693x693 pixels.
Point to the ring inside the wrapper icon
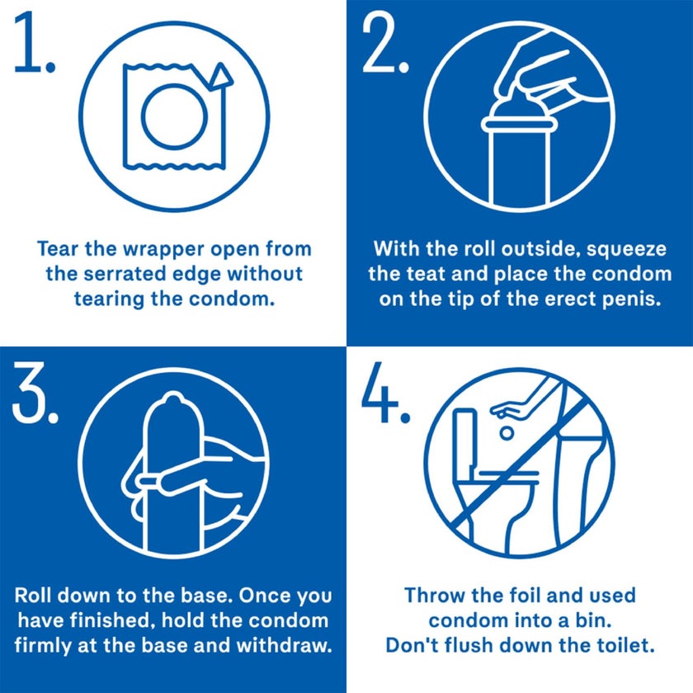pos(174,117)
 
